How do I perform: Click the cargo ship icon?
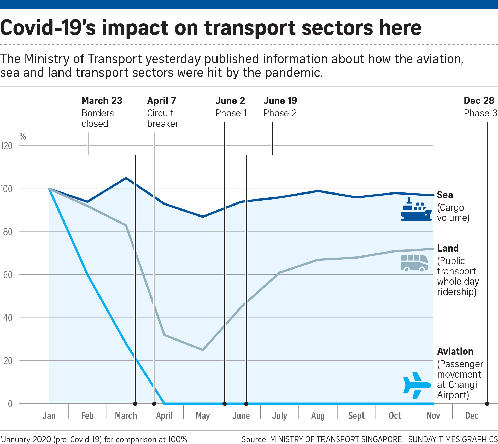point(416,210)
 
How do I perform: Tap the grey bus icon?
point(414,263)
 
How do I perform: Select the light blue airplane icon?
point(417,385)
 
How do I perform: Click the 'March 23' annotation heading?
point(102,101)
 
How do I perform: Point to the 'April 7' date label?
point(162,101)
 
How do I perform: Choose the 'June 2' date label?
point(230,101)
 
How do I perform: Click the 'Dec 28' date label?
point(479,101)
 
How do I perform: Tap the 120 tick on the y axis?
point(7,146)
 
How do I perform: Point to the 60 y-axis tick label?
point(8,275)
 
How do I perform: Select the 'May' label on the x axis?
point(203,416)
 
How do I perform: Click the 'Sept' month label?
point(356,416)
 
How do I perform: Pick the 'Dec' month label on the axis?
point(471,416)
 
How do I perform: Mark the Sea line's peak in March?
point(126,178)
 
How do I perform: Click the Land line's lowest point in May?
point(203,350)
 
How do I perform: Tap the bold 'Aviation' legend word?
point(455,352)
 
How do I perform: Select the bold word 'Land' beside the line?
point(448,248)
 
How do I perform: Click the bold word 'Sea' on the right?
point(445,195)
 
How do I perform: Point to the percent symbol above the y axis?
point(23,136)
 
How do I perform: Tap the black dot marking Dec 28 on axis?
point(487,404)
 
